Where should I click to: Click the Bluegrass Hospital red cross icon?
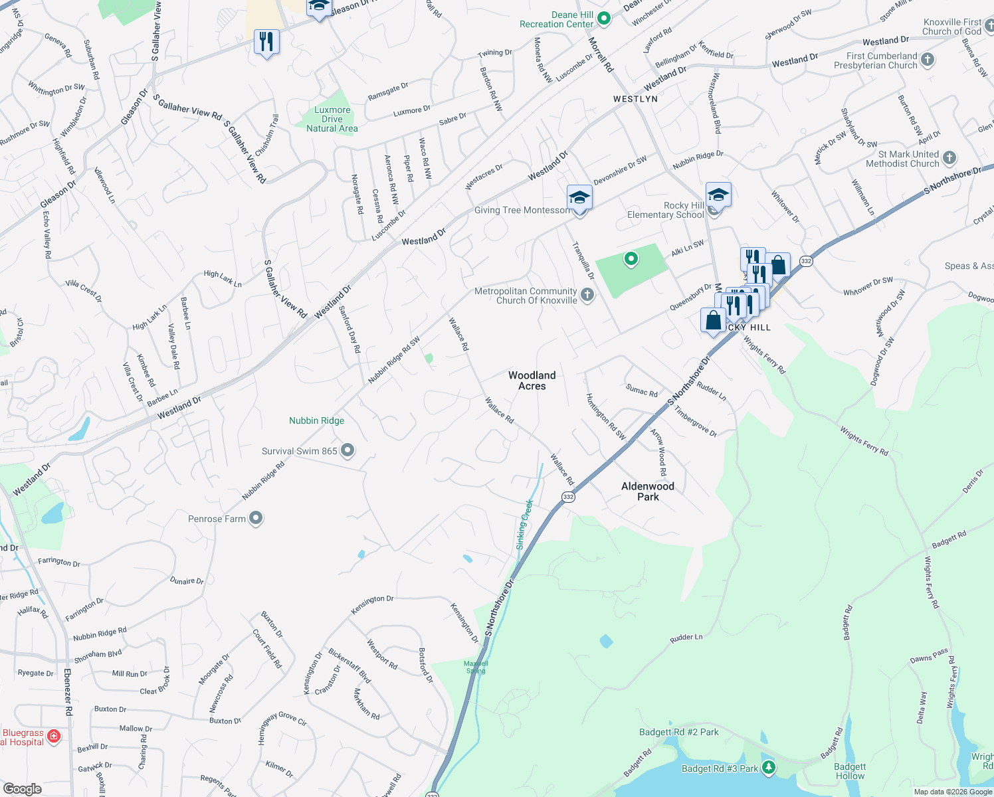pos(54,736)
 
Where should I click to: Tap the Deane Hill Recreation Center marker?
pos(604,19)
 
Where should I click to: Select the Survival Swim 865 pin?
pos(348,451)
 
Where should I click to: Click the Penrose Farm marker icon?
pos(256,519)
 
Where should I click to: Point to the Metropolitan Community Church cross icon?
pos(587,295)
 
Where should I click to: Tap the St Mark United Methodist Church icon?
pos(949,158)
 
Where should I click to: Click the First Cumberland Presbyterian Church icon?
pos(928,60)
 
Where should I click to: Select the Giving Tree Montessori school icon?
pos(579,197)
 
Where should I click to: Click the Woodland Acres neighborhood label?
pos(532,381)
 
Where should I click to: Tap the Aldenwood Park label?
pos(648,491)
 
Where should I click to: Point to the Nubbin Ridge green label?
pos(316,420)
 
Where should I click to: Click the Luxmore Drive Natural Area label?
pos(332,120)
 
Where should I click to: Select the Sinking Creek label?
pos(525,524)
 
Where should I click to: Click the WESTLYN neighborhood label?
pos(635,99)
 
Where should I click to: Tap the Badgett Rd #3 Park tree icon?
pos(769,768)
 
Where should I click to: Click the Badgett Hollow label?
pos(850,771)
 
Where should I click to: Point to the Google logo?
pos(22,788)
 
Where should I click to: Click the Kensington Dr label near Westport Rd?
pos(372,604)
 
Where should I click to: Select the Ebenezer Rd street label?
pos(68,691)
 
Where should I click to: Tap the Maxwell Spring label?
pos(476,667)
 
